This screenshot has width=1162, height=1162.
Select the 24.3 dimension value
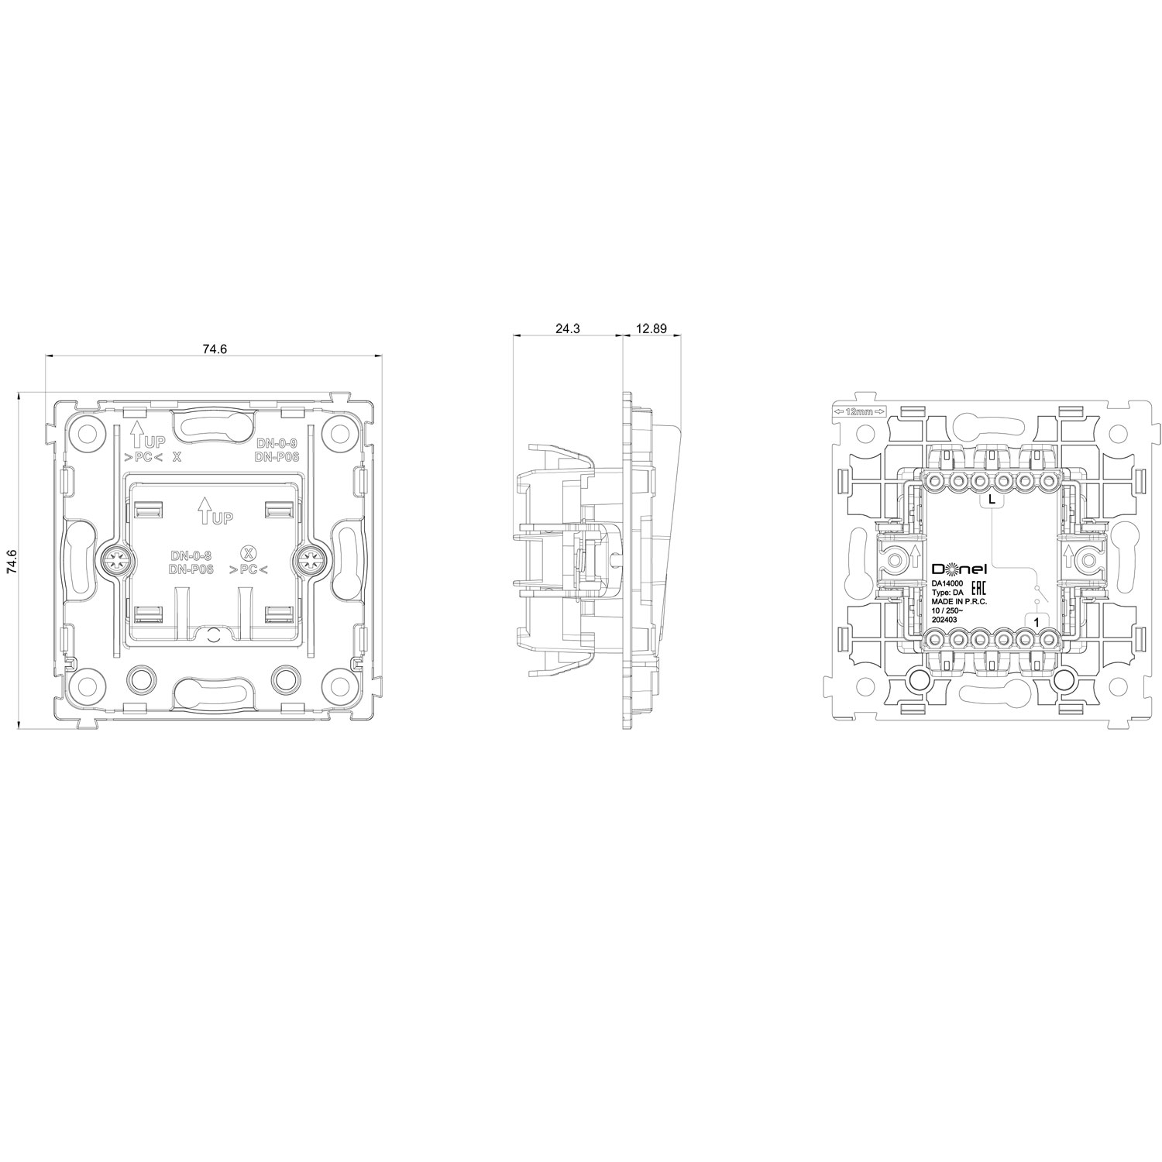(x=568, y=328)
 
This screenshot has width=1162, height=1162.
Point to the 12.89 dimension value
(x=651, y=328)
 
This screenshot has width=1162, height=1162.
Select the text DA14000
(x=947, y=582)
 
